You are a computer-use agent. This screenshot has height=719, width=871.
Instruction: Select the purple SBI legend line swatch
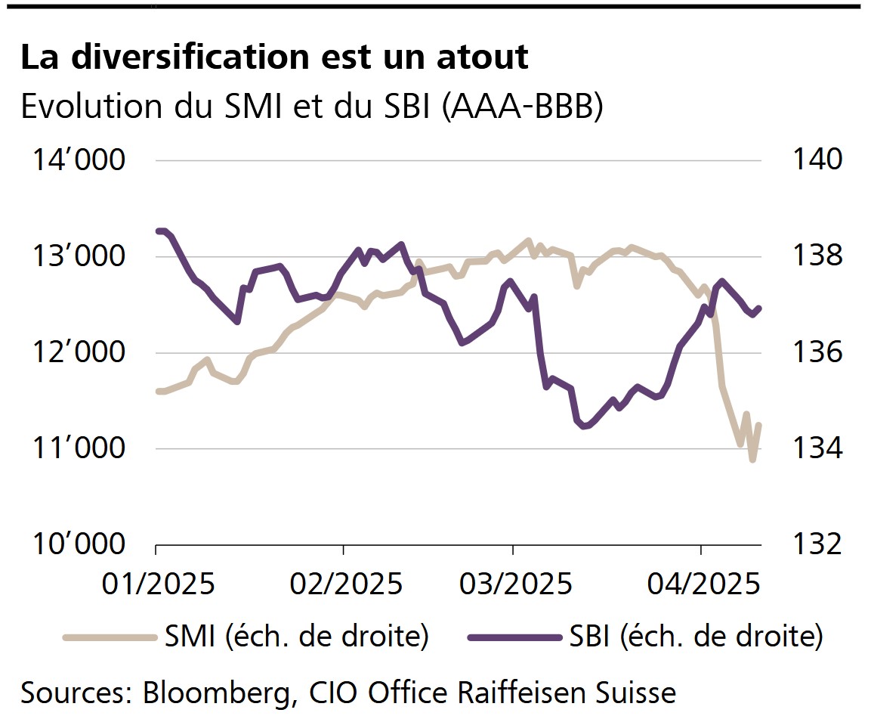[x=514, y=637]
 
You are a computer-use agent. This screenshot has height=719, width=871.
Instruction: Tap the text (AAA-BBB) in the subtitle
[x=521, y=107]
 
